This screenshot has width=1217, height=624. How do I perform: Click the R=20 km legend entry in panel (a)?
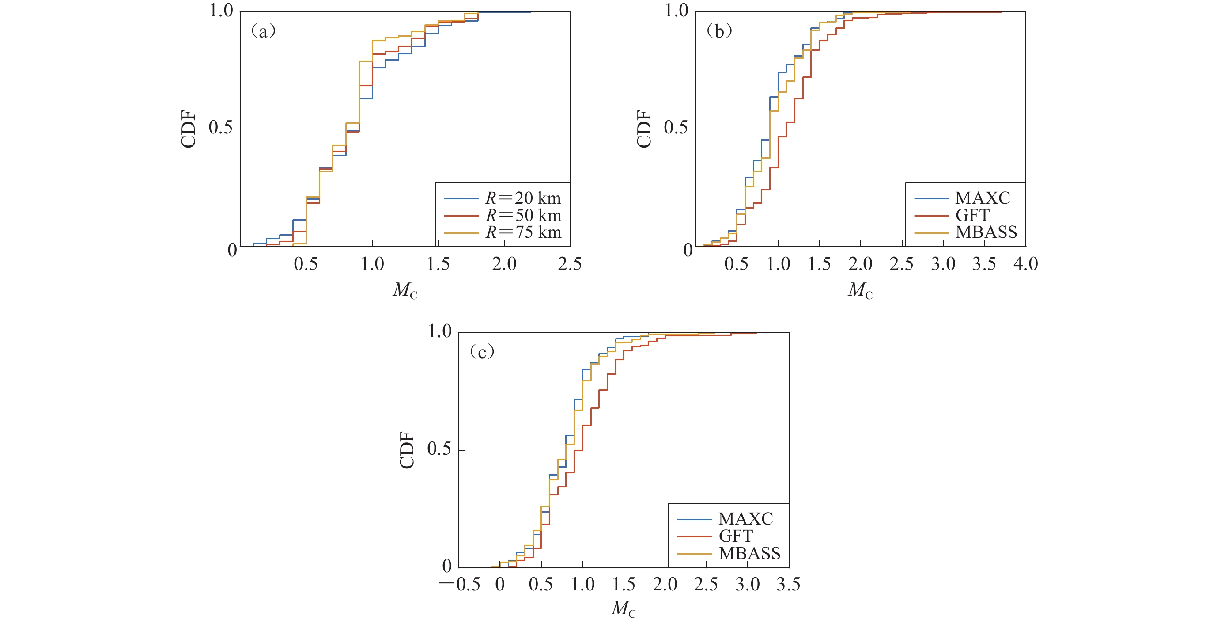[523, 198]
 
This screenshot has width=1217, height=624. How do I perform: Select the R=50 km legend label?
[523, 216]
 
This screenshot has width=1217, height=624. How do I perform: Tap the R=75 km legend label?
[523, 232]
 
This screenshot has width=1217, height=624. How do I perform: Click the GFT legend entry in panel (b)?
[972, 216]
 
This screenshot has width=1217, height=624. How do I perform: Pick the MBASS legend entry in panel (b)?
[986, 232]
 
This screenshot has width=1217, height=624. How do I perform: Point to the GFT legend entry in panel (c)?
[736, 536]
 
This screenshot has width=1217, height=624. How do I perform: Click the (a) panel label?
[263, 32]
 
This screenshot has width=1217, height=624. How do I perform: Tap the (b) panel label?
[718, 32]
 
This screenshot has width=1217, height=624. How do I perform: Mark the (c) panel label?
[482, 352]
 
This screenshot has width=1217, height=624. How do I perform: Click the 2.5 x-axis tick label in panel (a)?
[570, 264]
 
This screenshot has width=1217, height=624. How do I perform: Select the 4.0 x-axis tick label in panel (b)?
[1025, 264]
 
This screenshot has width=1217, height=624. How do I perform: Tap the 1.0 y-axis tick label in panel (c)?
[439, 331]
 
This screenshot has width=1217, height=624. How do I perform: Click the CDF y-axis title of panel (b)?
[644, 129]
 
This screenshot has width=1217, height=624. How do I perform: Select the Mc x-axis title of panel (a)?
[405, 290]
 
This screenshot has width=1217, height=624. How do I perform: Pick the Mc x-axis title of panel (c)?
[624, 609]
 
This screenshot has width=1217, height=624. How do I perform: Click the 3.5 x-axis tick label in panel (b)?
[984, 264]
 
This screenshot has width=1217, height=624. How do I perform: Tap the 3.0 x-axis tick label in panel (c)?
[748, 585]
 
